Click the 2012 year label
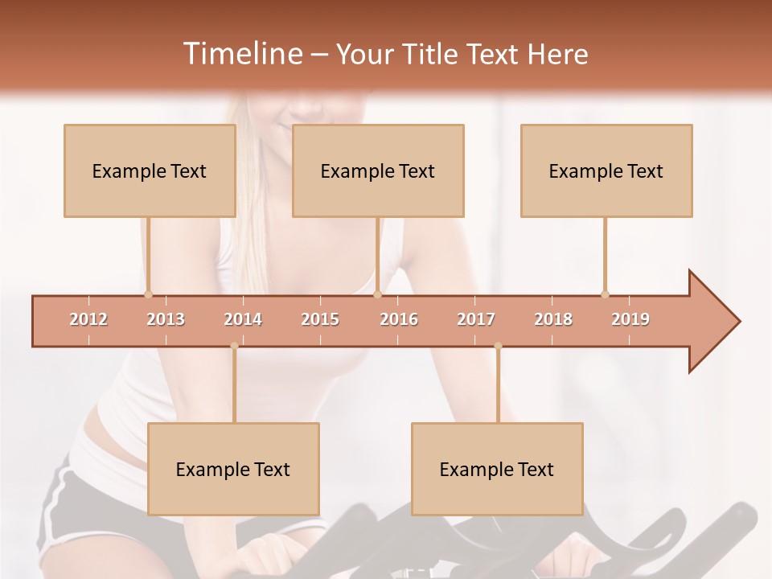click(88, 320)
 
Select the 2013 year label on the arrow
click(166, 320)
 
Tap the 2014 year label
click(243, 320)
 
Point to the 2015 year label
click(320, 320)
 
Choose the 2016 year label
click(399, 320)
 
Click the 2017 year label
click(476, 320)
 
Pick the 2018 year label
click(553, 320)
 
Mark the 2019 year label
click(630, 320)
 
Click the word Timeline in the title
click(241, 54)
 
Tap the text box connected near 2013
click(150, 170)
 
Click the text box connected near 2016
click(378, 170)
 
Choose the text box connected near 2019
click(606, 170)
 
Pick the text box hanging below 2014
click(233, 469)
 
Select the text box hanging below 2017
click(497, 469)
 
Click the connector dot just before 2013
click(148, 294)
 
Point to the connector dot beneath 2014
click(234, 347)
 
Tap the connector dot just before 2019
click(605, 294)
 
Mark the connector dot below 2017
click(498, 347)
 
